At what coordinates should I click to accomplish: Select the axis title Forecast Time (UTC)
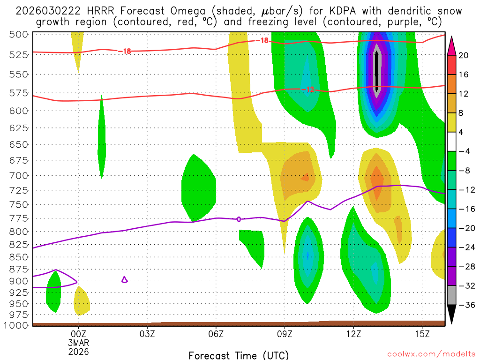pos(239,355)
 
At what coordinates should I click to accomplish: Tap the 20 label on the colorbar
pos(464,55)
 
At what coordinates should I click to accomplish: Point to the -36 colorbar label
pos(466,305)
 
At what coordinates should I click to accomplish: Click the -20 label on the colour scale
pos(466,228)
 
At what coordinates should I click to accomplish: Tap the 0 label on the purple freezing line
pos(239,219)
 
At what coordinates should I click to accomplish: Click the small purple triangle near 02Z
pos(124,280)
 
